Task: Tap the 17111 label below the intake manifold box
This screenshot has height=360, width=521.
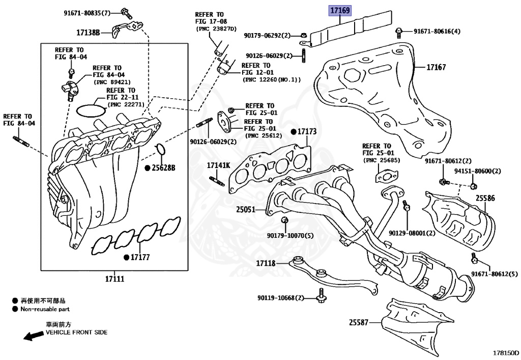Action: tap(114, 279)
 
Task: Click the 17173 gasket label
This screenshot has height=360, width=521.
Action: tap(307, 131)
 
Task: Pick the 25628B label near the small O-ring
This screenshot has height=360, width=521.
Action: tap(163, 168)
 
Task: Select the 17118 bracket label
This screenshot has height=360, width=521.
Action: tap(265, 263)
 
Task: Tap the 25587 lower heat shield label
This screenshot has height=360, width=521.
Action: tap(359, 322)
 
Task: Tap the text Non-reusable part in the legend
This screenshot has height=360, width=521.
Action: tap(45, 309)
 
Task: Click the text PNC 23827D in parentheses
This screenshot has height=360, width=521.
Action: tap(216, 29)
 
